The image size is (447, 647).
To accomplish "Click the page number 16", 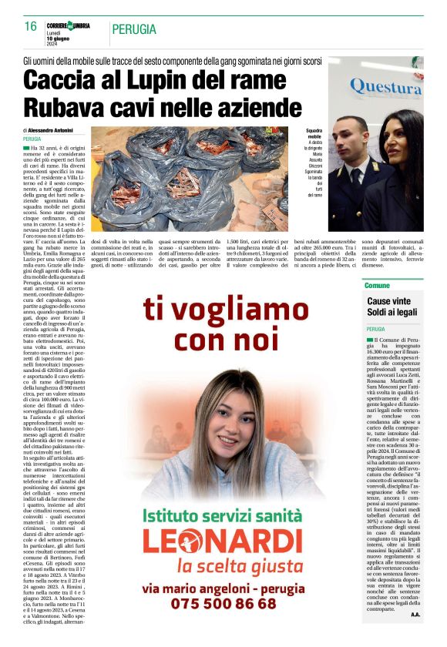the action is (x=30, y=26).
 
